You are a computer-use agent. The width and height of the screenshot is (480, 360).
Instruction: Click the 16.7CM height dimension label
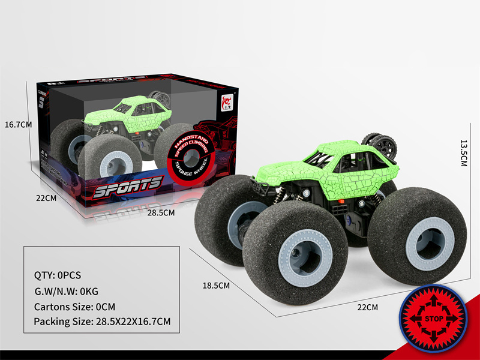[x=17, y=125]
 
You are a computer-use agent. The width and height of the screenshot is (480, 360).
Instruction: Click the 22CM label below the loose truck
[x=367, y=307]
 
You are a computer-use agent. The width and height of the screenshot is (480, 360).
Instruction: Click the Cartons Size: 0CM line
[x=74, y=306]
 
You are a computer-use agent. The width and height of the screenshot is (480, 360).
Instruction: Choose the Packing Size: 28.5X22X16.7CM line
[x=103, y=322]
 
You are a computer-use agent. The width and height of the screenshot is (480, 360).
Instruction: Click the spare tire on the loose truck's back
[x=380, y=145]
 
